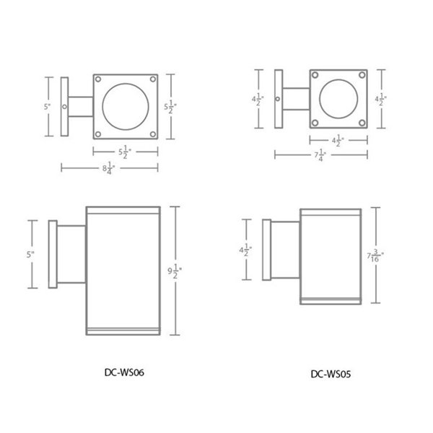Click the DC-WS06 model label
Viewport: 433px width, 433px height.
pyautogui.click(x=124, y=372)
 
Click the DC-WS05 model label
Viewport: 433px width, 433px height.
pyautogui.click(x=331, y=374)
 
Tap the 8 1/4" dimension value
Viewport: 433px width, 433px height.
pyautogui.click(x=108, y=168)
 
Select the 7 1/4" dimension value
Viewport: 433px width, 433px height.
pyautogui.click(x=320, y=155)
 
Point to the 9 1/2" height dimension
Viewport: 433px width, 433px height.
pyautogui.click(x=175, y=271)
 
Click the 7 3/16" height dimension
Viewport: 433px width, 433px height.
pyautogui.click(x=375, y=255)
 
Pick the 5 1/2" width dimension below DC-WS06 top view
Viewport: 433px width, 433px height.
pyautogui.click(x=125, y=152)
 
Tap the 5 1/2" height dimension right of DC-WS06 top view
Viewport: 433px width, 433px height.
pyautogui.click(x=170, y=107)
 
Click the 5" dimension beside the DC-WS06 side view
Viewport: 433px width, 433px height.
pyautogui.click(x=30, y=254)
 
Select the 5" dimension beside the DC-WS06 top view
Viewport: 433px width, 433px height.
pyautogui.click(x=48, y=107)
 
